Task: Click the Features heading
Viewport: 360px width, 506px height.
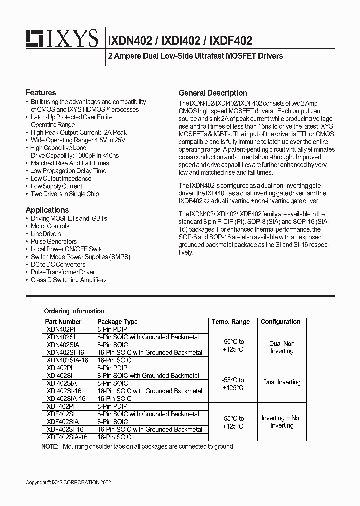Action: pyautogui.click(x=41, y=93)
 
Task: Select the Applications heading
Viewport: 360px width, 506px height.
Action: pyautogui.click(x=47, y=210)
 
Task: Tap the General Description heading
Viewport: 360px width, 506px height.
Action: pyautogui.click(x=213, y=93)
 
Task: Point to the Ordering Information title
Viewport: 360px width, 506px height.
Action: pyautogui.click(x=74, y=311)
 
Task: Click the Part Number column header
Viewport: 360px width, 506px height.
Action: pyautogui.click(x=63, y=322)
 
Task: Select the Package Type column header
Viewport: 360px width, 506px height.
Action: pyautogui.click(x=117, y=322)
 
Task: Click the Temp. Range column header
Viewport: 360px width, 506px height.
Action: pyautogui.click(x=231, y=322)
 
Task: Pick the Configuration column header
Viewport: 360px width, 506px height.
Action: pyautogui.click(x=281, y=322)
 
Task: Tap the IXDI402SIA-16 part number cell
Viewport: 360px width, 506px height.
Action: pyautogui.click(x=65, y=399)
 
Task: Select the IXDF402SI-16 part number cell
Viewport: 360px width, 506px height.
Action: pyautogui.click(x=64, y=429)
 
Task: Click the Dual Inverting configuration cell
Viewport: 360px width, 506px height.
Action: pyautogui.click(x=282, y=382)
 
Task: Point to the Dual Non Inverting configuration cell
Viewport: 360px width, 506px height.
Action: pyautogui.click(x=282, y=347)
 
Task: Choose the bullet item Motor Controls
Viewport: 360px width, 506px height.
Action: pyautogui.click(x=50, y=226)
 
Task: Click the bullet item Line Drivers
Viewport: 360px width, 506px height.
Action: pyautogui.click(x=46, y=234)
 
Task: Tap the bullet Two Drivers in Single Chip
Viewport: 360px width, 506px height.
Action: pyautogui.click(x=65, y=194)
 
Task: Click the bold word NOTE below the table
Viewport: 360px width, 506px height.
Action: pyautogui.click(x=50, y=446)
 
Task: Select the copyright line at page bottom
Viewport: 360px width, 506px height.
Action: pyautogui.click(x=68, y=483)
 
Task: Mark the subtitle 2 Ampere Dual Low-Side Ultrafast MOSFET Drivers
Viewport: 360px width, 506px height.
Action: pyautogui.click(x=195, y=56)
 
